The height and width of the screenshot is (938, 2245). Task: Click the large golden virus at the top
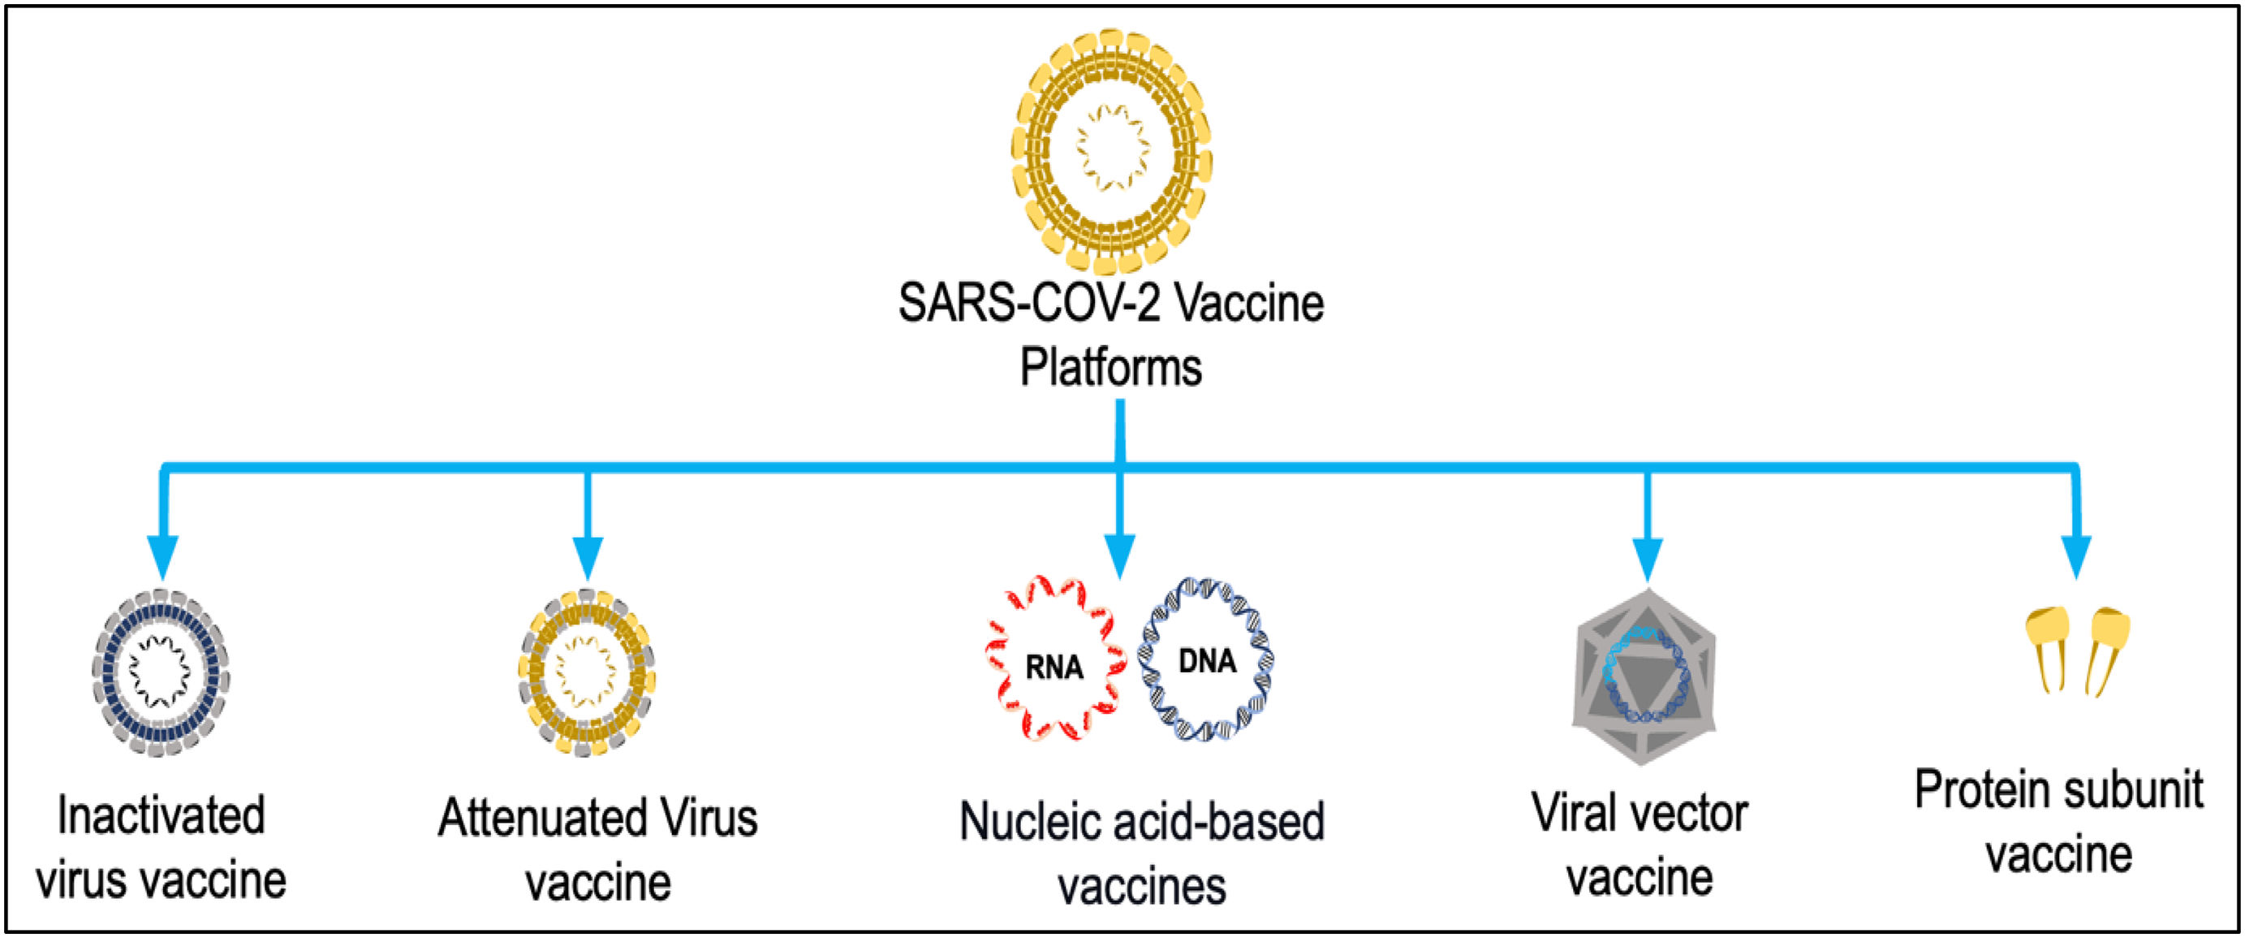1111,150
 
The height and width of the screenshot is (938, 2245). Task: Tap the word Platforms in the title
1111,368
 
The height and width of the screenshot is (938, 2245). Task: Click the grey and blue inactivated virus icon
162,672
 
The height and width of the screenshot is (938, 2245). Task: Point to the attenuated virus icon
587,672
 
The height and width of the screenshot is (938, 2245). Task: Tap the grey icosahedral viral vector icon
1644,676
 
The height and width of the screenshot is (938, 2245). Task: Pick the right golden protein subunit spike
2109,650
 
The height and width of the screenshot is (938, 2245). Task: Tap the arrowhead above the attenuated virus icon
588,558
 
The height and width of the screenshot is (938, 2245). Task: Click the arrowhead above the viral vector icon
1646,558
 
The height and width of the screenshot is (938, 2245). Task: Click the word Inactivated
162,816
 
